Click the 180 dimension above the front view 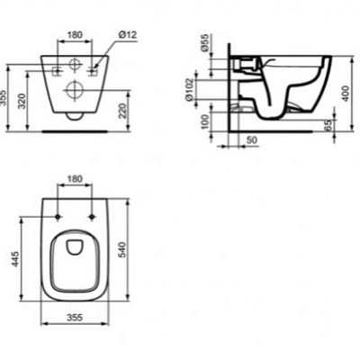pyautogui.click(x=75, y=37)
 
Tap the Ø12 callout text pyautogui.click(x=126, y=37)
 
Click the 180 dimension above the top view pyautogui.click(x=75, y=179)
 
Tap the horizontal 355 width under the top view pyautogui.click(x=75, y=318)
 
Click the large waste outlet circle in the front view pyautogui.click(x=75, y=88)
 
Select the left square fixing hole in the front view pyautogui.click(x=58, y=70)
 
